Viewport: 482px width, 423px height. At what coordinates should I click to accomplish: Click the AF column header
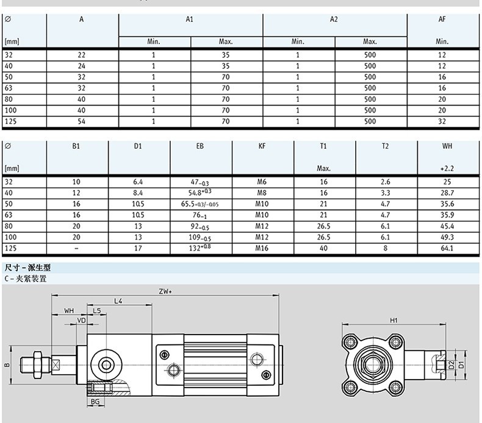(442, 19)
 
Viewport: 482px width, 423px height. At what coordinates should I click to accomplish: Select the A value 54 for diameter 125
(81, 121)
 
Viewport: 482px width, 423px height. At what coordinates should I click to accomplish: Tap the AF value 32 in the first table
(442, 121)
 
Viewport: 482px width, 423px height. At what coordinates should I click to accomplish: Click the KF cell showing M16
(262, 248)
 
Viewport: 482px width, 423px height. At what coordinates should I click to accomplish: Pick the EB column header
(200, 146)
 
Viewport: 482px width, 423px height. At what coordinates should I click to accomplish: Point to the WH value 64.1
(447, 248)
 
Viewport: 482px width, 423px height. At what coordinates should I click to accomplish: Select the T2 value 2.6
(385, 182)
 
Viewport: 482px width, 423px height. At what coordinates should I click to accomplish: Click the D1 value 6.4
(138, 182)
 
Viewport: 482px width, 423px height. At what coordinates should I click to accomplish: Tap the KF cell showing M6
(262, 182)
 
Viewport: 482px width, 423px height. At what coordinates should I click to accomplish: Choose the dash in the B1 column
(76, 248)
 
